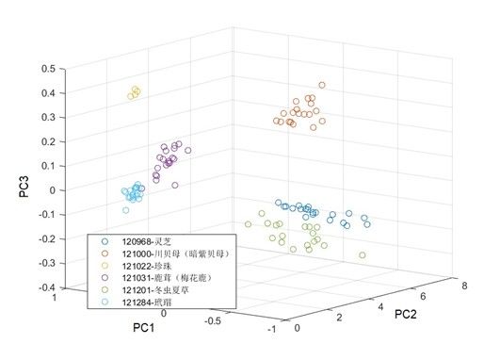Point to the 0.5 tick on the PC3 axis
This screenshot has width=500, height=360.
tap(45, 69)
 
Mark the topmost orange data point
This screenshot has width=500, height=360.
tap(324, 85)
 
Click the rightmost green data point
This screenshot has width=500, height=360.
tap(363, 255)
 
